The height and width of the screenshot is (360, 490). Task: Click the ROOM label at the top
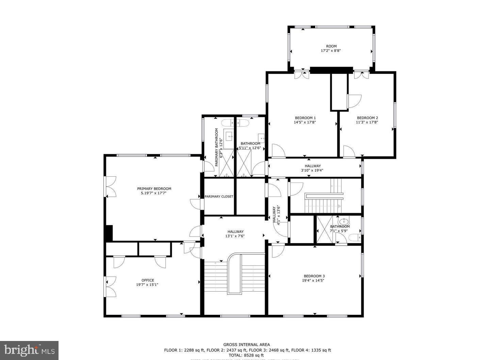coord(331,46)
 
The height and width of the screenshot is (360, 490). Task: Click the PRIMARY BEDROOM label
coord(154,189)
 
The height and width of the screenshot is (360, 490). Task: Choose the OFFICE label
coord(148,280)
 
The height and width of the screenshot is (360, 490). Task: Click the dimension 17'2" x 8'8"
coord(331,51)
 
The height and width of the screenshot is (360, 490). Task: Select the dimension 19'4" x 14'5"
coord(313,280)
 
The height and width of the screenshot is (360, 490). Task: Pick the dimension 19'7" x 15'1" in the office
coord(147,285)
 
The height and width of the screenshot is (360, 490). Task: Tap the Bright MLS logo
coord(29,350)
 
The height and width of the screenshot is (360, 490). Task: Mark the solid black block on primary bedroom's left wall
coord(109,233)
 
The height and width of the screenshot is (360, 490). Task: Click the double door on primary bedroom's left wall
coord(110,187)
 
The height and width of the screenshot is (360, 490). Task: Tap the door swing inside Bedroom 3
coord(277,251)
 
